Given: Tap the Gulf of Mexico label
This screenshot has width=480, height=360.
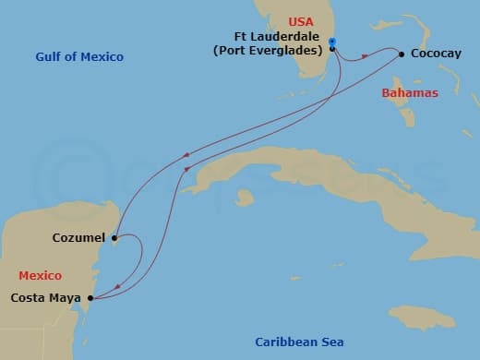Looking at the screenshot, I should (79, 57).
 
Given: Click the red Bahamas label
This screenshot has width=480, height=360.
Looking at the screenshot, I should (410, 93).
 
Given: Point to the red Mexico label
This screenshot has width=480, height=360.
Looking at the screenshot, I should (41, 276).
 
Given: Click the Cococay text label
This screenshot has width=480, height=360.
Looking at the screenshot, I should (436, 54).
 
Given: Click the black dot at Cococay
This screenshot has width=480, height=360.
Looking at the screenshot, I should (402, 54).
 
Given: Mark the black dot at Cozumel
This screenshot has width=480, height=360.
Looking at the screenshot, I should (114, 239).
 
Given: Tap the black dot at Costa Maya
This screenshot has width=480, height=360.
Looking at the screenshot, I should (90, 298).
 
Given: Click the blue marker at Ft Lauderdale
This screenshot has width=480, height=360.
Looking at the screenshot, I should (332, 41).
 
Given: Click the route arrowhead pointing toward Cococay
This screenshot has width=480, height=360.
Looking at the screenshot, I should (365, 56).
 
